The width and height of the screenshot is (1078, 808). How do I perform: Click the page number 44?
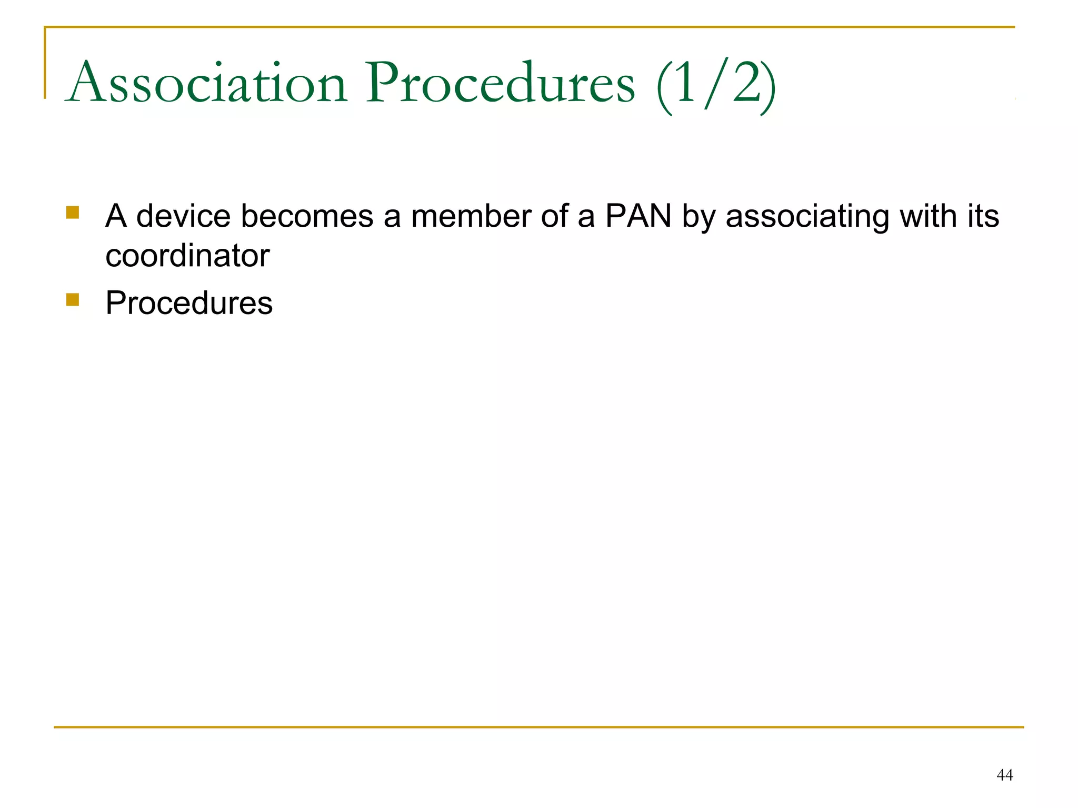coord(1004,775)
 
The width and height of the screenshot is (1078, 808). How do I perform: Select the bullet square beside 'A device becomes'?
coord(73,213)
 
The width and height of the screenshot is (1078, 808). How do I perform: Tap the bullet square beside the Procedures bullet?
coord(73,299)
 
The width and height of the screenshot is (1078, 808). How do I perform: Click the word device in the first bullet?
coord(183,216)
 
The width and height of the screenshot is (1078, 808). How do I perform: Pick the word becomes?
coord(307,216)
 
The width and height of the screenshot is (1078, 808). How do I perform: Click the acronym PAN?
coord(638,216)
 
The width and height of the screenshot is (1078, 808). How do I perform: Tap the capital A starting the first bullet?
coord(116,216)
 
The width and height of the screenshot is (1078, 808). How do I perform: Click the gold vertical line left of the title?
coord(45,63)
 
